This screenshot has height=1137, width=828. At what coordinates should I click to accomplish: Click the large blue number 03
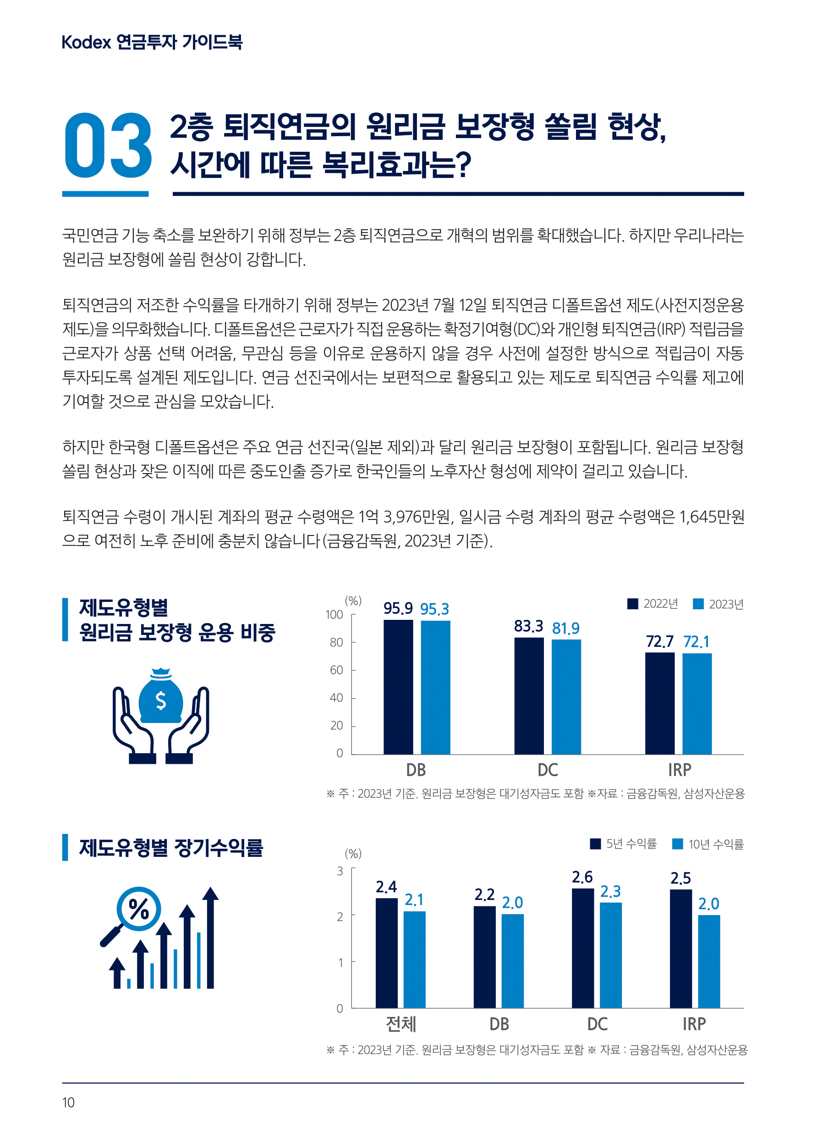(x=108, y=145)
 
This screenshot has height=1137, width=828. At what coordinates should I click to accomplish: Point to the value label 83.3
(x=528, y=626)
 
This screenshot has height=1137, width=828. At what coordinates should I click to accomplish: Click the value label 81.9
(x=566, y=629)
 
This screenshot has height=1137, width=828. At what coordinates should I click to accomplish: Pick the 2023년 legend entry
(x=718, y=604)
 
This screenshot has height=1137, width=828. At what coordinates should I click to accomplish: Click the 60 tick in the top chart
(x=336, y=670)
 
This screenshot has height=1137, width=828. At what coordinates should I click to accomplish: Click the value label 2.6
(x=582, y=877)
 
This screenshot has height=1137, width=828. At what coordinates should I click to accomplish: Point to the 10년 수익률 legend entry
(x=708, y=844)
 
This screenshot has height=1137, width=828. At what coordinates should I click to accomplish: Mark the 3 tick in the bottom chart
(x=340, y=871)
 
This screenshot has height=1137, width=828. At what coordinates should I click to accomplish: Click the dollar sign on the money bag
(x=160, y=701)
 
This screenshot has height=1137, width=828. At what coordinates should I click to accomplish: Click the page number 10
(x=68, y=1103)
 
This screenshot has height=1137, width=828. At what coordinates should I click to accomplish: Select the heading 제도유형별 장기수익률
(x=171, y=848)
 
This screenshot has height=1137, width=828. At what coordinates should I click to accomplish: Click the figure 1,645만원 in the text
(x=711, y=517)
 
